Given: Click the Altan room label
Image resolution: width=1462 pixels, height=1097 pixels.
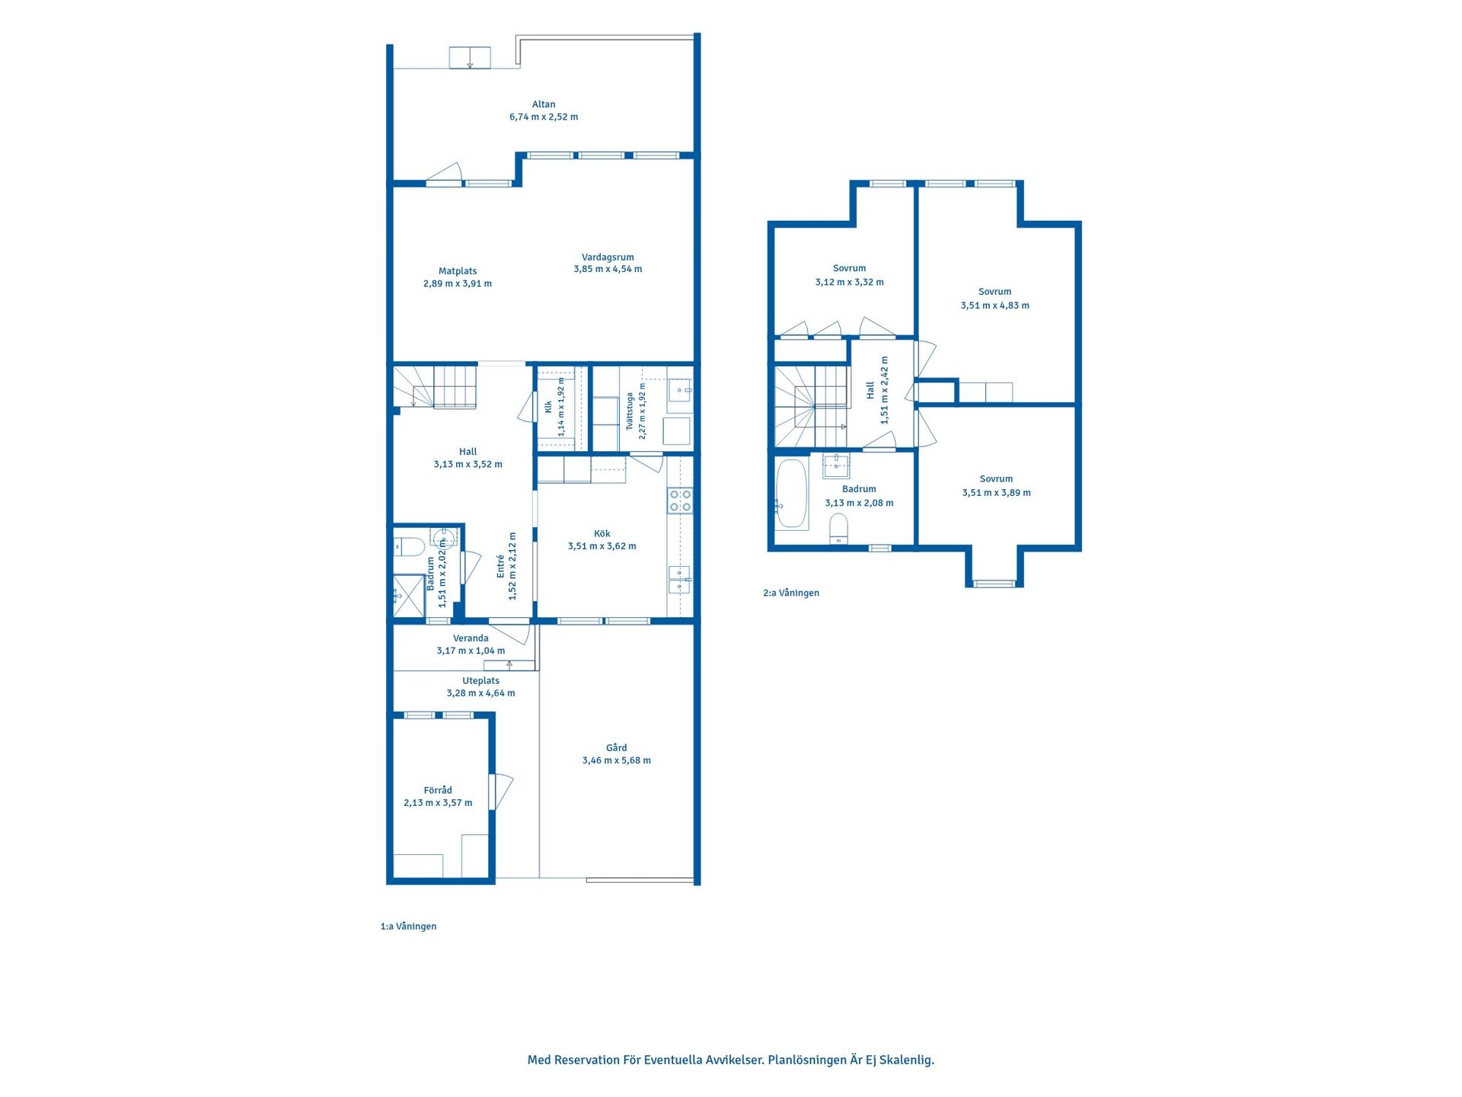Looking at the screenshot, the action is pyautogui.click(x=544, y=104).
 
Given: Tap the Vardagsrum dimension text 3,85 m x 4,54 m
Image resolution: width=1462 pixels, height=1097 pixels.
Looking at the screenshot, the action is pyautogui.click(x=608, y=269).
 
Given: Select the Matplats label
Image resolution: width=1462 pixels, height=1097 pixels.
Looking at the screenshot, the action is pyautogui.click(x=458, y=271).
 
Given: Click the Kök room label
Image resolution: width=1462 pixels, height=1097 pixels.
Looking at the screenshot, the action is pyautogui.click(x=602, y=534).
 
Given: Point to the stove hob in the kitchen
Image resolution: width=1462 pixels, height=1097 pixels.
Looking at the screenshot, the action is pyautogui.click(x=680, y=501).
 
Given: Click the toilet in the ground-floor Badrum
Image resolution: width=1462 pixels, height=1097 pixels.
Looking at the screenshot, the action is pyautogui.click(x=409, y=546).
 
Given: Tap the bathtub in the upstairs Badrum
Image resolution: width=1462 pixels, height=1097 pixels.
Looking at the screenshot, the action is pyautogui.click(x=792, y=493).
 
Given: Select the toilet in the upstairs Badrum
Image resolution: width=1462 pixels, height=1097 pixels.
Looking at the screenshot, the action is pyautogui.click(x=838, y=529).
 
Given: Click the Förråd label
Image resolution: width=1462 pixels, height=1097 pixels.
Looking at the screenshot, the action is pyautogui.click(x=438, y=790).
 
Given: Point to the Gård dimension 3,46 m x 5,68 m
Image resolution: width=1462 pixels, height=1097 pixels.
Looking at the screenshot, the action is pyautogui.click(x=617, y=760).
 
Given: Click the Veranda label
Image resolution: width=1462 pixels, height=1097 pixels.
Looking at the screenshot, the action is pyautogui.click(x=471, y=638).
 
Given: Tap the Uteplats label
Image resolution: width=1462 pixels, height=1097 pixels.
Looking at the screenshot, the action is pyautogui.click(x=481, y=681).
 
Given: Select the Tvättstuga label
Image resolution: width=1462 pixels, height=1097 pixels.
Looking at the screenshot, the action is pyautogui.click(x=630, y=411).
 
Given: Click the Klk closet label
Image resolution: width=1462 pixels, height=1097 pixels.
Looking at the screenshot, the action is pyautogui.click(x=548, y=408).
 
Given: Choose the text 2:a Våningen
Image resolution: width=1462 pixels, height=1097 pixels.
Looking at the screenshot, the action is pyautogui.click(x=791, y=593).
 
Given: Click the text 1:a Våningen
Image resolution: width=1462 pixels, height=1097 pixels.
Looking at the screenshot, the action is pyautogui.click(x=408, y=926).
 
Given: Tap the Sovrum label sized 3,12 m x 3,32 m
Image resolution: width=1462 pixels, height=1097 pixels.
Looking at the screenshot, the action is pyautogui.click(x=849, y=268).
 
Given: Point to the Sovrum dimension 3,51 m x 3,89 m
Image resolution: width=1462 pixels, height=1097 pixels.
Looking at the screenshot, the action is pyautogui.click(x=996, y=493).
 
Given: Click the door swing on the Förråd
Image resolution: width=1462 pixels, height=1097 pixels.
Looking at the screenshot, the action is pyautogui.click(x=503, y=792).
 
